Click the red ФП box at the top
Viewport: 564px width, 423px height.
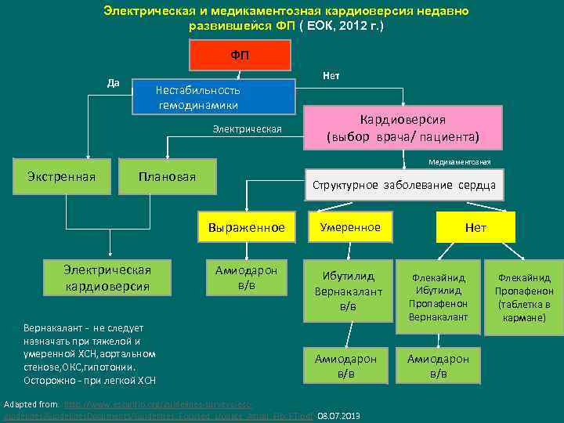[240, 56]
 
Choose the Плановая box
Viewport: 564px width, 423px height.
[167, 176]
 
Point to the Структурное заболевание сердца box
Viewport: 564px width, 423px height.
[403, 186]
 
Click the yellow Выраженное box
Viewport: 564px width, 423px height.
[247, 227]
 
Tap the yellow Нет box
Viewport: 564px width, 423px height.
[475, 227]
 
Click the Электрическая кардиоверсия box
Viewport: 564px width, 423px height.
[107, 277]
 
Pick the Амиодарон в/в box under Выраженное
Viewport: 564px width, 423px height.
[246, 277]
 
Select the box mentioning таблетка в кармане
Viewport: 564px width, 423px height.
[522, 298]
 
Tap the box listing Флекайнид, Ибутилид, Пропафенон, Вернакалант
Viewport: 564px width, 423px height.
[439, 297]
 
